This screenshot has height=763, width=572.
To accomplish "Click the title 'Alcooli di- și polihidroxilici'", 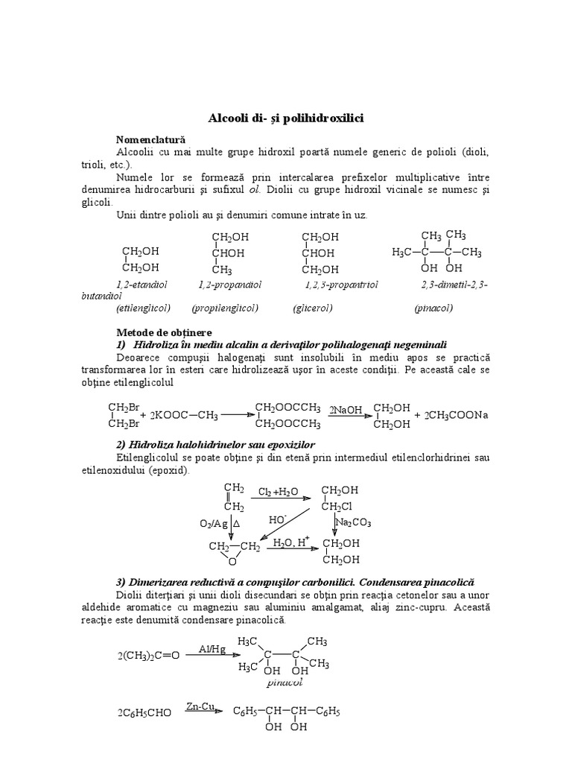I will tap(285, 118).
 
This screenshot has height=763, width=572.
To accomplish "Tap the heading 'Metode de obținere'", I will tap(164, 332).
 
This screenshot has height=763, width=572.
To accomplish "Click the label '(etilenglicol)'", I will tap(144, 308).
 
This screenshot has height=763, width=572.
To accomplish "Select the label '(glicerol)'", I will tap(313, 308).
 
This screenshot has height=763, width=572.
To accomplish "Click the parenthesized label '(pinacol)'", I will tap(434, 308).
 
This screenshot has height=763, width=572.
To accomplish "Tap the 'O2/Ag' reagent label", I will tap(214, 525).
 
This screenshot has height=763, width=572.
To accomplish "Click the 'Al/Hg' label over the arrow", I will tap(212, 649).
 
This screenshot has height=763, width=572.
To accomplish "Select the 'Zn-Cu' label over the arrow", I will tap(200, 706).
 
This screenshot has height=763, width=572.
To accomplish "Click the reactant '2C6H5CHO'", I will tap(144, 713).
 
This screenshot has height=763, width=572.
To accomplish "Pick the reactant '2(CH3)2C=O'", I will tap(148, 656).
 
